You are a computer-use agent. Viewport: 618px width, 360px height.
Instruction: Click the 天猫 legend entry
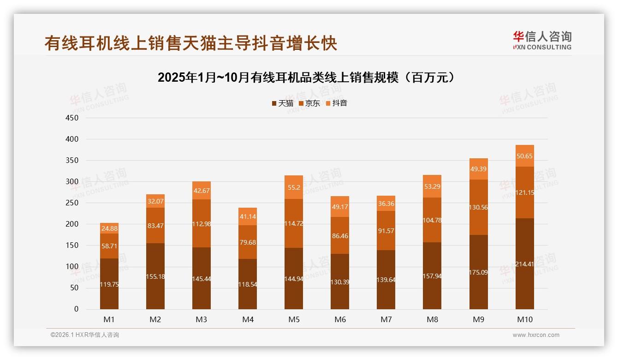(283, 103)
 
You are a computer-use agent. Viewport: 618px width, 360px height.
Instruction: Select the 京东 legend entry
(309, 103)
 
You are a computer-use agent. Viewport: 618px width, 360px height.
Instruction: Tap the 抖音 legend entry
(337, 103)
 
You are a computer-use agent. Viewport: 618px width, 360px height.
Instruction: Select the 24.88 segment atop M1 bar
(109, 228)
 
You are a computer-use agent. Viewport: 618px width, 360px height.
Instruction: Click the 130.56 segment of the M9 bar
(478, 207)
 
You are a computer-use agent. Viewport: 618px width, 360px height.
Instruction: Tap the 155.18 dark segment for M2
(155, 276)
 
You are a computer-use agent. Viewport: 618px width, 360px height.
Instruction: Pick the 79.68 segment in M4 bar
(248, 242)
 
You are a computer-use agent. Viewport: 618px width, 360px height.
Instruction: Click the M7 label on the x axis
(386, 319)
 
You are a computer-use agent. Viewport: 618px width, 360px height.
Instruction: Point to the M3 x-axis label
(202, 319)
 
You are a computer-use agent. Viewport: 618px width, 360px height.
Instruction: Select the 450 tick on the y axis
(73, 118)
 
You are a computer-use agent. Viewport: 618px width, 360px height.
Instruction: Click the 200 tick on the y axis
(73, 224)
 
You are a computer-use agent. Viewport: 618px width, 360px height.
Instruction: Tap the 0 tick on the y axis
(76, 309)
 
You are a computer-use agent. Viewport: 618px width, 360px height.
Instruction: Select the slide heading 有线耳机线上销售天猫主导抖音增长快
(191, 43)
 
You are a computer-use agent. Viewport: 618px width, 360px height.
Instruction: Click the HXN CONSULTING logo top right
(542, 41)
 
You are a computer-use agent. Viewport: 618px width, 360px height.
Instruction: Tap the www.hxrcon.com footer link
(536, 335)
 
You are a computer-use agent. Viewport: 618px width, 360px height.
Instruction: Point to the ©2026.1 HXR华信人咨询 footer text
(84, 335)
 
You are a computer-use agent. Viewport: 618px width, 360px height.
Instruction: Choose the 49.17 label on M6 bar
(340, 207)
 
